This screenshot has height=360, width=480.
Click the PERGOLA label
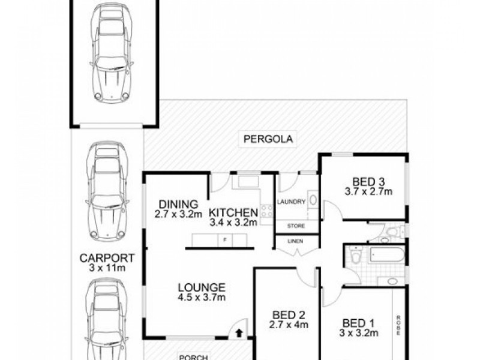click(268, 139)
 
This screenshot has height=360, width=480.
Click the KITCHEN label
click(233, 212)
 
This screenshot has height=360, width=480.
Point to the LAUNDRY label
click(292, 202)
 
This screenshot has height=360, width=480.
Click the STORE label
click(296, 226)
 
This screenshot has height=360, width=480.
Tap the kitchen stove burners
click(266, 211)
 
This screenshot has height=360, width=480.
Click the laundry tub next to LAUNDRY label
click(313, 202)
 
